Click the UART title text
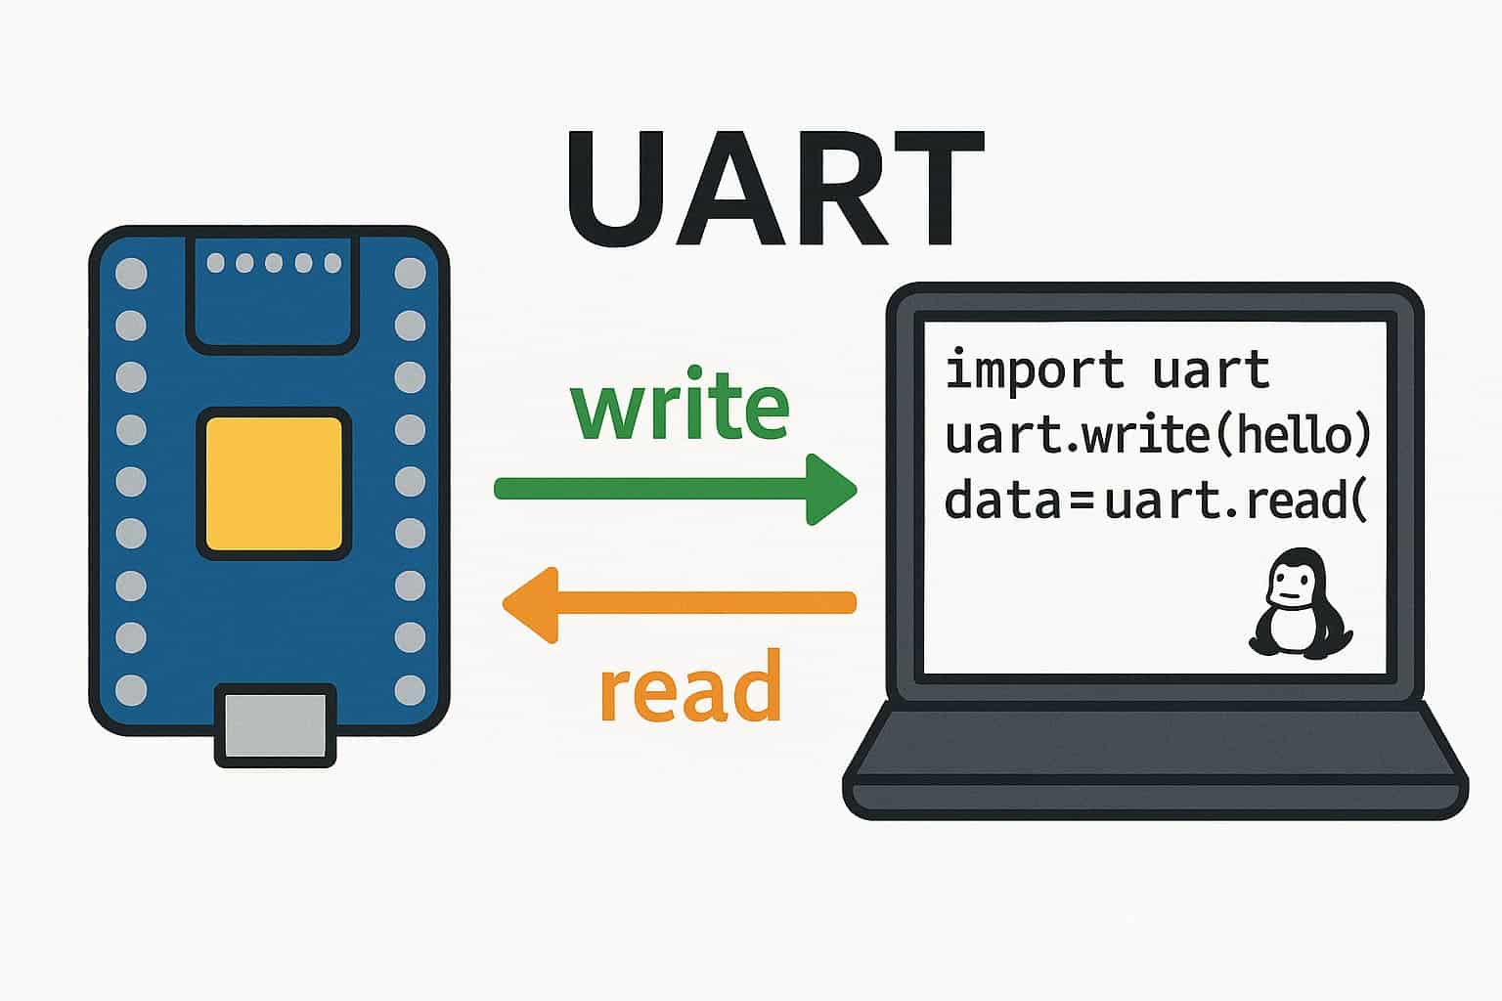click(775, 189)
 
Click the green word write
click(680, 403)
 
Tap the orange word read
click(690, 685)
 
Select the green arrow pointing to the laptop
click(676, 490)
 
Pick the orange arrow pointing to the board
click(680, 603)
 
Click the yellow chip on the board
click(274, 484)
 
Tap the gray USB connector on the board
click(276, 725)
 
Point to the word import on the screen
click(1035, 369)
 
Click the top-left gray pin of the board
click(131, 274)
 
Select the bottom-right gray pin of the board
click(410, 690)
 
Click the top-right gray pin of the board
click(410, 274)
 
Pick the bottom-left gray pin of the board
click(131, 690)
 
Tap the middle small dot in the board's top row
click(274, 263)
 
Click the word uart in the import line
click(1212, 370)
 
